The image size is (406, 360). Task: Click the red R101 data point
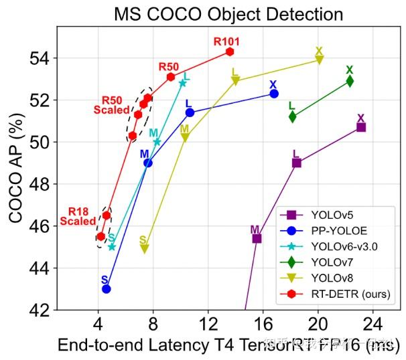coord(230,52)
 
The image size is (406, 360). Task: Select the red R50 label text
coord(168,67)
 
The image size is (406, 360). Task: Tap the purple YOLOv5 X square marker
coord(361,127)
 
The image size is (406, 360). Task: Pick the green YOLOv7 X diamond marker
coord(350,81)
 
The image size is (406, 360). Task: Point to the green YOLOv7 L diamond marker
coord(293,116)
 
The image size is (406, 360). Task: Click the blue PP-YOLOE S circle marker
coord(106,288)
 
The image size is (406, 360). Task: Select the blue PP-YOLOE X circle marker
coord(274,94)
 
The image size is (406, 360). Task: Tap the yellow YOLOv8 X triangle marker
coord(319,60)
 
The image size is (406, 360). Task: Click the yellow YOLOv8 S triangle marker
coord(144,249)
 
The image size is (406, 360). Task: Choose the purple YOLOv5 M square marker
coord(257,238)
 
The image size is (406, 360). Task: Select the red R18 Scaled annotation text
coord(78,216)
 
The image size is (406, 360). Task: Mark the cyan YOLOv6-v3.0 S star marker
coord(112,247)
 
